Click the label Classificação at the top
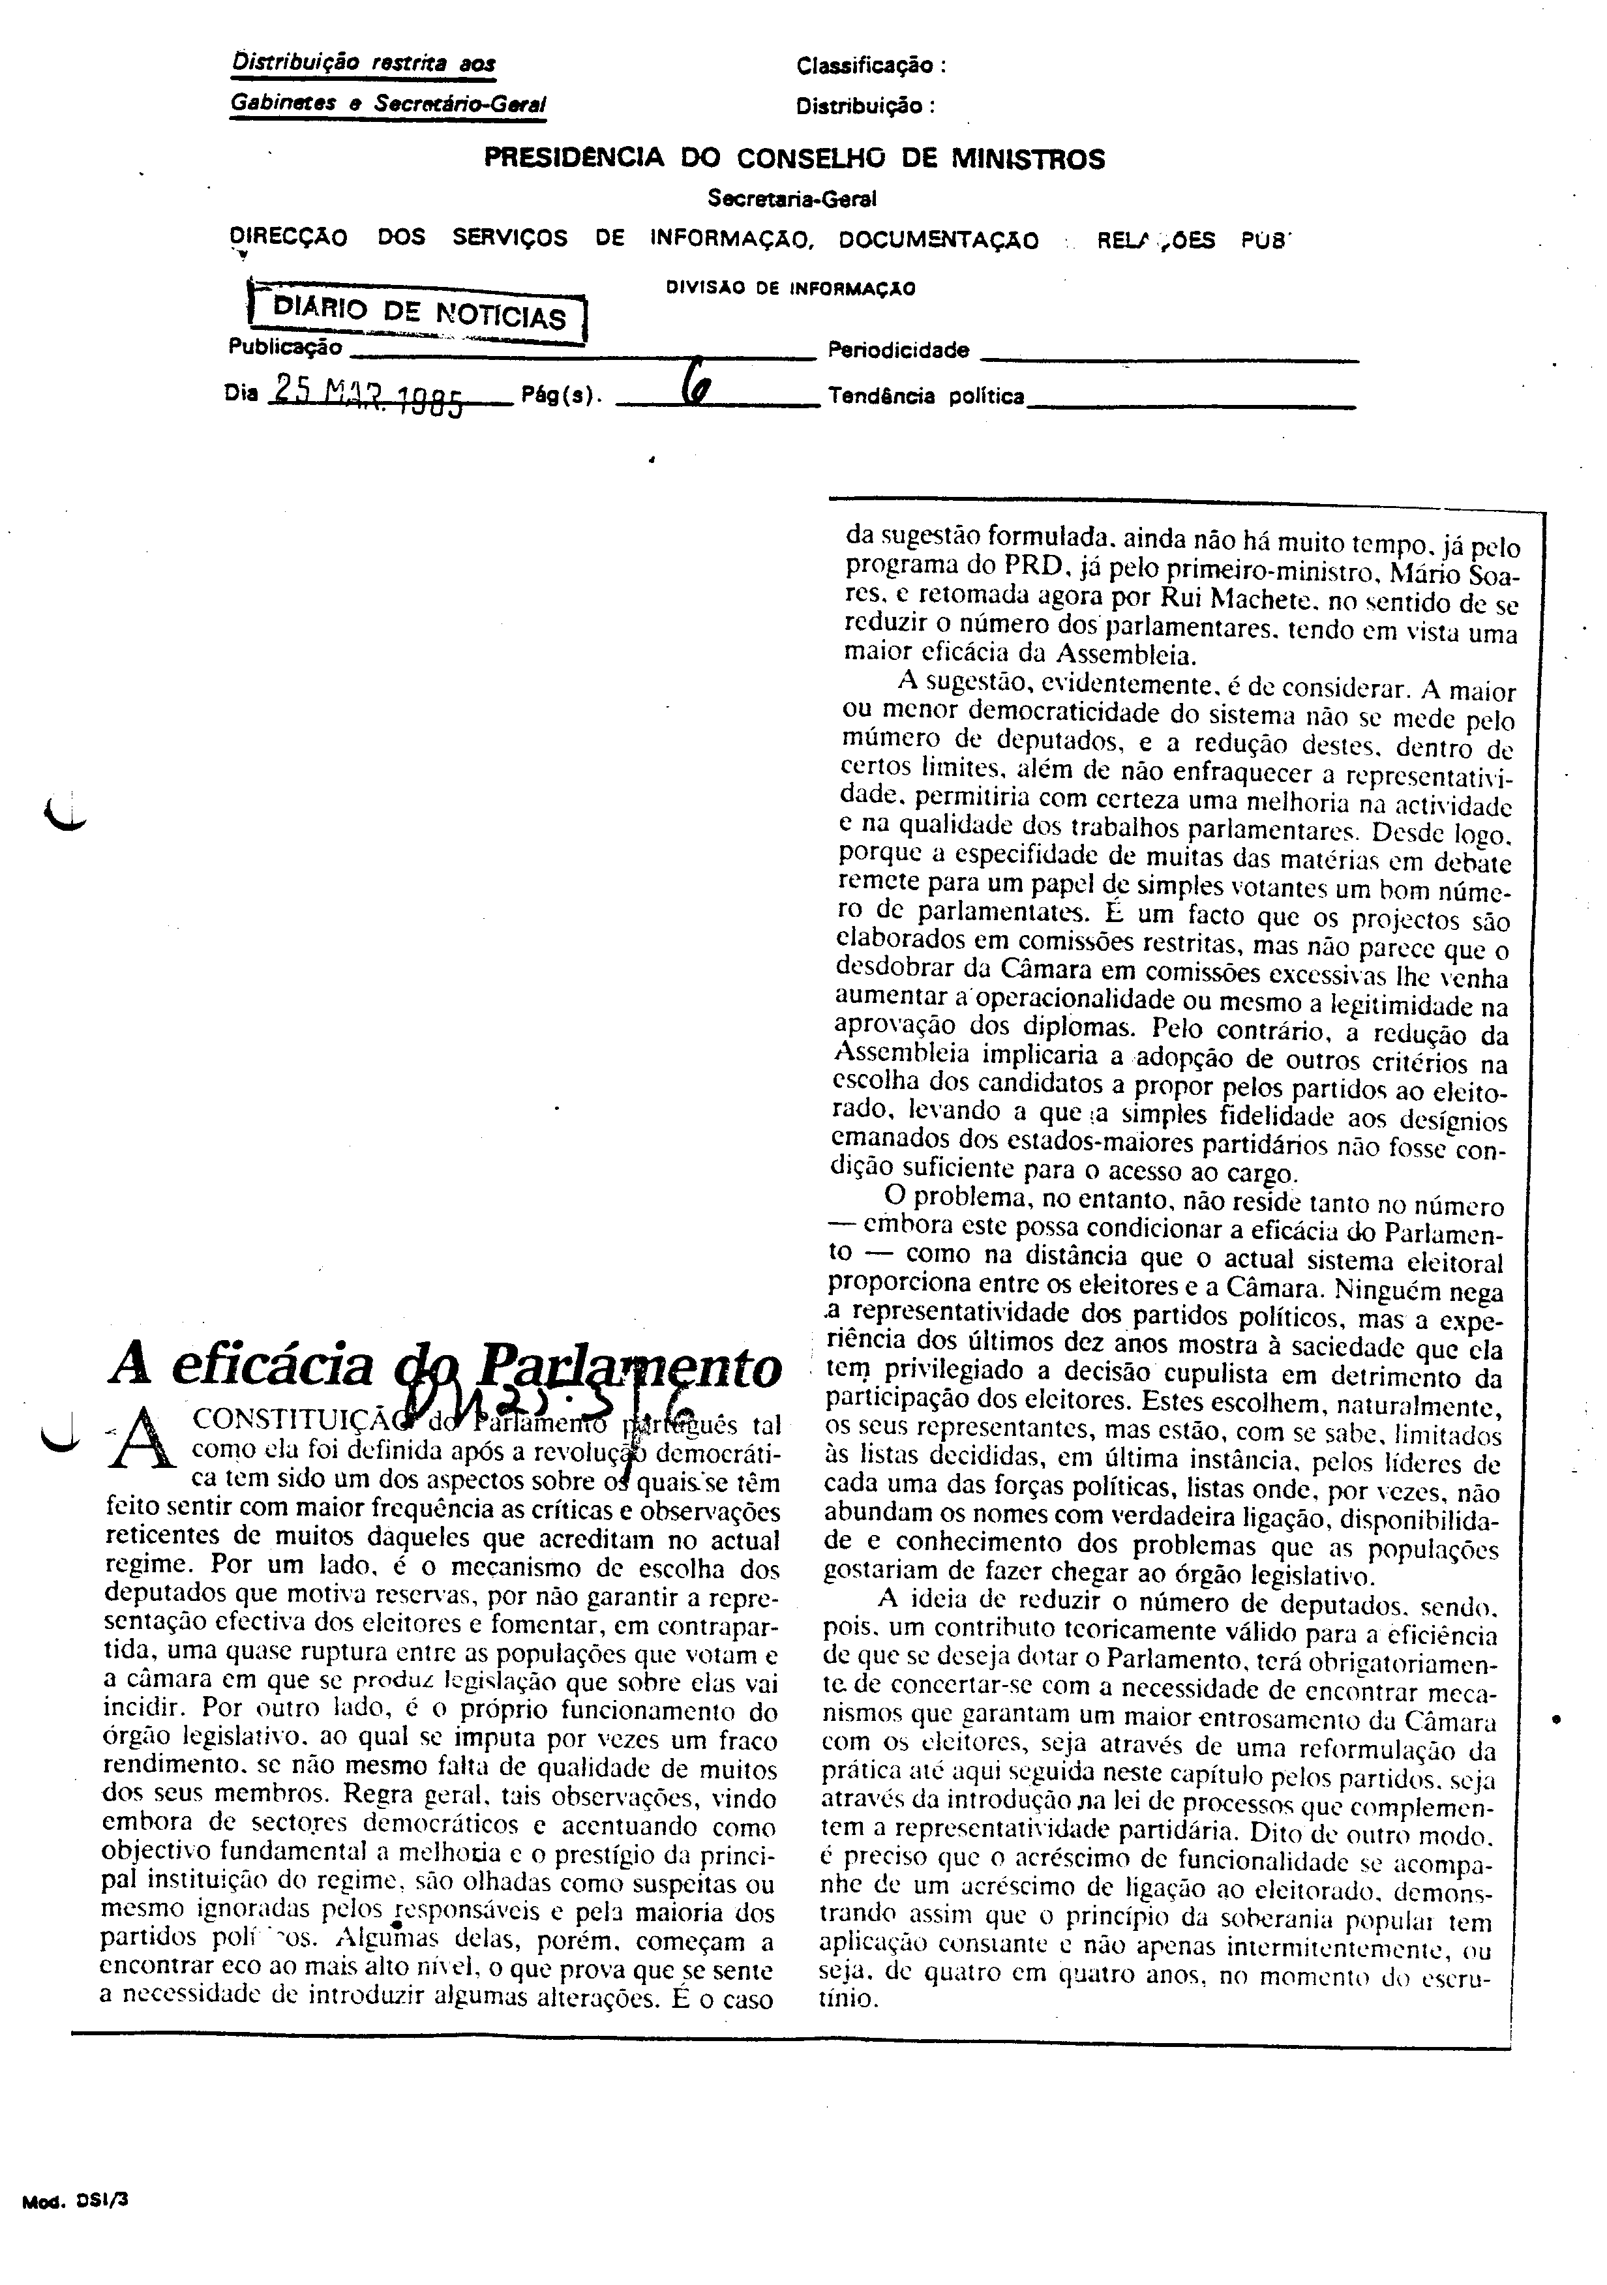pyautogui.click(x=869, y=67)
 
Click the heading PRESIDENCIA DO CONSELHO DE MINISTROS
pyautogui.click(x=793, y=159)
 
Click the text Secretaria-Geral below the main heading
pyautogui.click(x=791, y=199)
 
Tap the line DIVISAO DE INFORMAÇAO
pyautogui.click(x=790, y=290)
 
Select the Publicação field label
pyautogui.click(x=286, y=348)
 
